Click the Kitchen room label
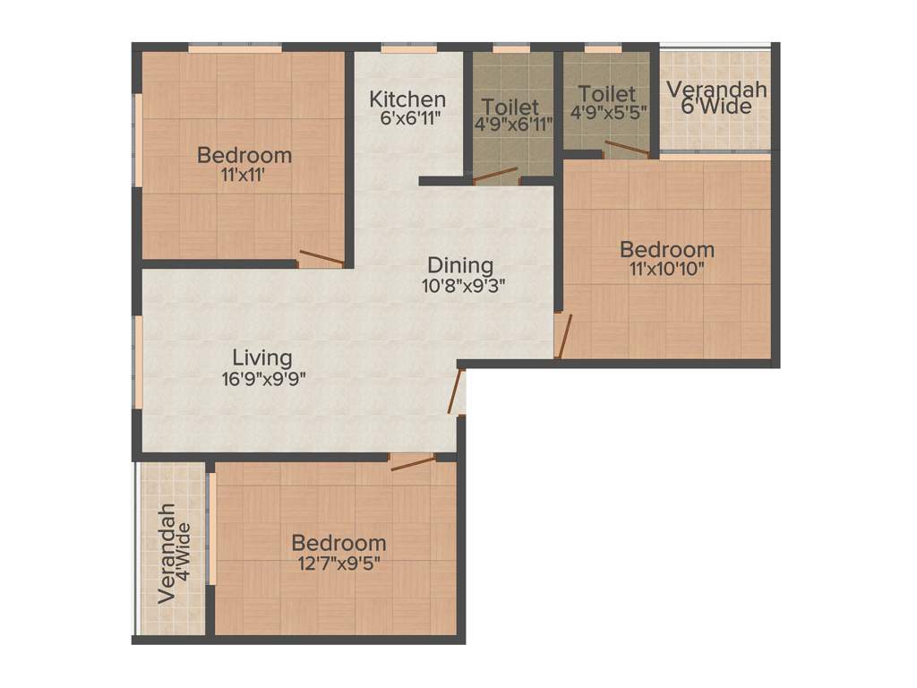[407, 99]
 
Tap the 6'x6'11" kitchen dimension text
[407, 116]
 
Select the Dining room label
[459, 265]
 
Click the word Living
[257, 357]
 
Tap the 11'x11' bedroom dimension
[244, 176]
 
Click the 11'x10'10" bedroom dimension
[667, 270]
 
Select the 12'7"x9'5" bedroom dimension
[339, 564]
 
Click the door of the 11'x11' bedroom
[321, 258]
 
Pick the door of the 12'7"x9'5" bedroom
[413, 462]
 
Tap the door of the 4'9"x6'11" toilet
[495, 176]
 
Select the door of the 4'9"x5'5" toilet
[626, 149]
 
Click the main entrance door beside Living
[456, 391]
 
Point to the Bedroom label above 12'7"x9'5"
[339, 543]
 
